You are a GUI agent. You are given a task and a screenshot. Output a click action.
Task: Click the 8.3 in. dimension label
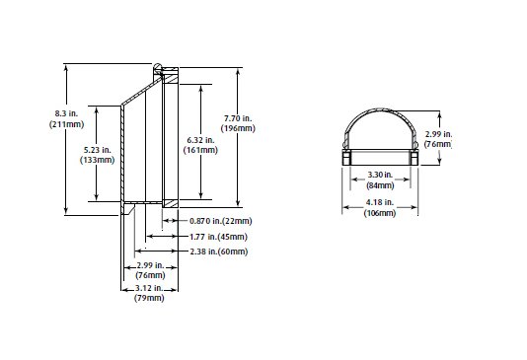tap(66, 113)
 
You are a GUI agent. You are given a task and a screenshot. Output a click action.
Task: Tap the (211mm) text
tap(66, 124)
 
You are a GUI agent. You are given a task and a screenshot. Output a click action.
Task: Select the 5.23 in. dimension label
tap(97, 150)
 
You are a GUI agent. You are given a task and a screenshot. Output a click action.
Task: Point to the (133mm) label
tap(97, 160)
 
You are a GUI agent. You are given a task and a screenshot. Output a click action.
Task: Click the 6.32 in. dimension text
tap(200, 140)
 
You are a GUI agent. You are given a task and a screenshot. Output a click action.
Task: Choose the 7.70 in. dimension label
tap(238, 118)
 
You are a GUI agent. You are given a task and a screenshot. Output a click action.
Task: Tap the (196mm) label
tap(238, 128)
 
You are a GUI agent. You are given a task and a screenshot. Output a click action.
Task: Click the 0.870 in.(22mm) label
tap(220, 221)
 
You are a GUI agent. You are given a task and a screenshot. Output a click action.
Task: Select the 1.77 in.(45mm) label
tap(218, 237)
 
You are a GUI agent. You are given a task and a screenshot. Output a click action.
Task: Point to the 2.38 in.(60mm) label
tap(219, 252)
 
